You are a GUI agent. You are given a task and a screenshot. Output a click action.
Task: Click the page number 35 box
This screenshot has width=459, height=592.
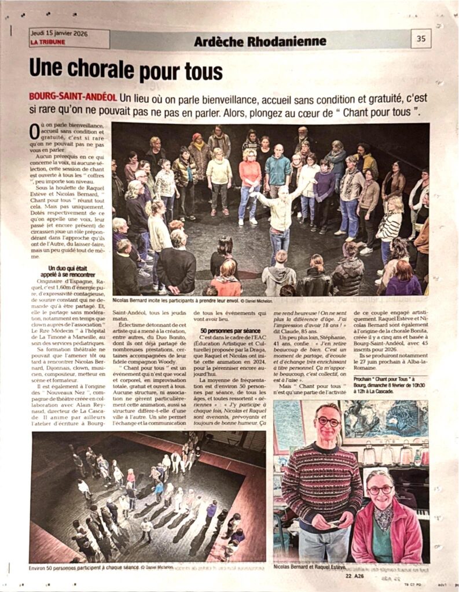420,39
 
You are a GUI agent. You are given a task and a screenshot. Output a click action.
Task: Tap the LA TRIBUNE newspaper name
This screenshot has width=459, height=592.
47,42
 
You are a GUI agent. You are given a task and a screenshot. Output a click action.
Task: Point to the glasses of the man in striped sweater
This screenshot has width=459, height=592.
328,422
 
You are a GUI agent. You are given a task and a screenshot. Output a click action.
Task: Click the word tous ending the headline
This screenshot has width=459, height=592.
198,72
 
